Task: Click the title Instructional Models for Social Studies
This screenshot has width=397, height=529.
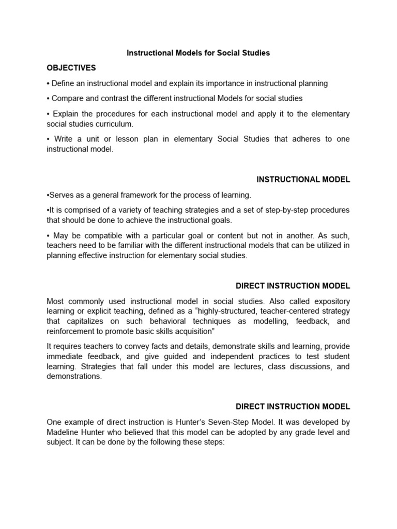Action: (198, 53)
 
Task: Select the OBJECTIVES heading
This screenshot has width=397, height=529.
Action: (71, 68)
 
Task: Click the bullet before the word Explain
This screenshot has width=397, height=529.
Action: (48, 114)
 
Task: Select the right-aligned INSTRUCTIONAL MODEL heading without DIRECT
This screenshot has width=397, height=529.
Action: (303, 180)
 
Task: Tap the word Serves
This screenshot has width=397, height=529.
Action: (60, 195)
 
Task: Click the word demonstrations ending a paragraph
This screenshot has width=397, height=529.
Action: (74, 377)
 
